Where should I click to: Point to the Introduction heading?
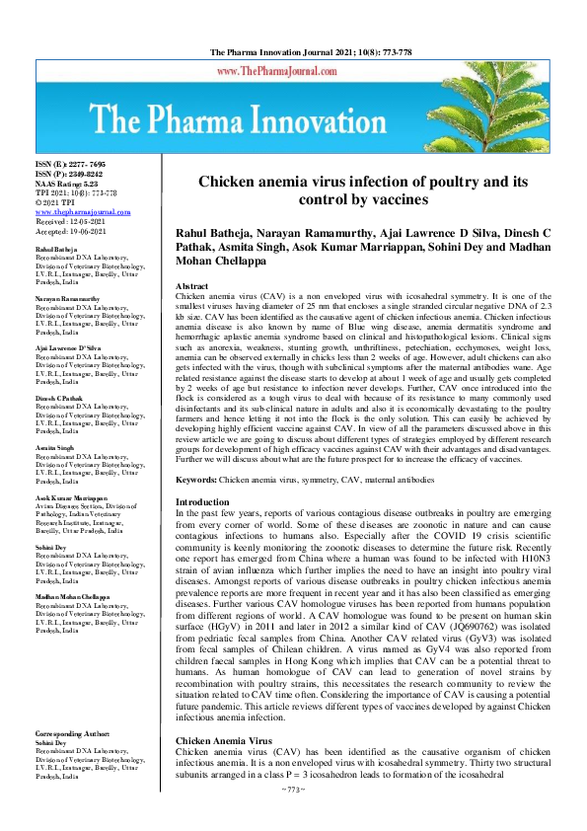[201, 501]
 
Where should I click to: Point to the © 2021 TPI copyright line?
[57, 202]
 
